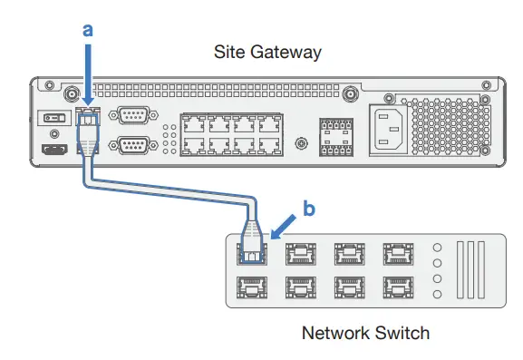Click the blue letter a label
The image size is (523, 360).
(88, 29)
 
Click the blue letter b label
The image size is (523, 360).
(308, 209)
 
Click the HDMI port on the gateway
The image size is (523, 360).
(54, 151)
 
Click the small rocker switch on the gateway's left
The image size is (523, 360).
(53, 118)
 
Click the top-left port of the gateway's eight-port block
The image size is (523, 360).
(194, 124)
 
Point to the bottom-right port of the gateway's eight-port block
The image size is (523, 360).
(269, 147)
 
